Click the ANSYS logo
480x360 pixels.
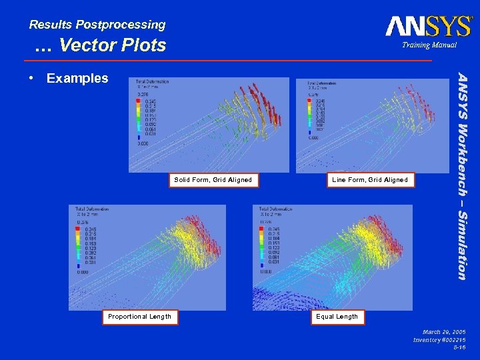[428, 26]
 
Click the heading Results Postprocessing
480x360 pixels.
[97, 25]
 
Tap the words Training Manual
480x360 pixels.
[429, 45]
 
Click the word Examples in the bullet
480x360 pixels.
[77, 78]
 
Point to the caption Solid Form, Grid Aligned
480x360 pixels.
[213, 179]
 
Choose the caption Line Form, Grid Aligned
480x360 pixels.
[370, 179]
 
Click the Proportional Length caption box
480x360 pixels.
[141, 317]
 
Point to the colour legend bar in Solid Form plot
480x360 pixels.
[138, 117]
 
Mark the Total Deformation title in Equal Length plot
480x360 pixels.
[275, 209]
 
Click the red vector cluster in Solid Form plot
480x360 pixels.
[263, 107]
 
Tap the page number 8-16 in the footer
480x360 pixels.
[459, 347]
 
